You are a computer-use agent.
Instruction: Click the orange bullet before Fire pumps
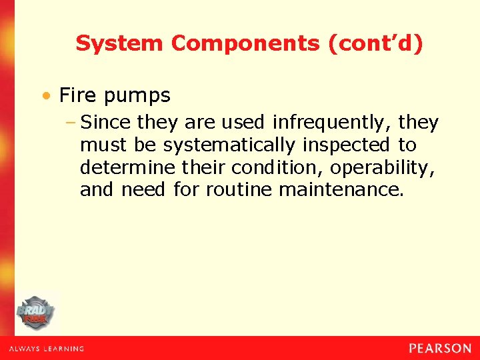pyautogui.click(x=47, y=96)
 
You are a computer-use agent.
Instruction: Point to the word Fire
pyautogui.click(x=77, y=95)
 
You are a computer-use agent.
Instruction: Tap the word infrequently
pyautogui.click(x=333, y=123)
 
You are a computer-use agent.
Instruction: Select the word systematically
pyautogui.click(x=229, y=145)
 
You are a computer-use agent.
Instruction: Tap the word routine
pyautogui.click(x=239, y=190)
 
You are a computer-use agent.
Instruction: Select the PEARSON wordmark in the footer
pyautogui.click(x=440, y=348)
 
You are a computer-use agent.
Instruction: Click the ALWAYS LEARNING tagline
pyautogui.click(x=47, y=349)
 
